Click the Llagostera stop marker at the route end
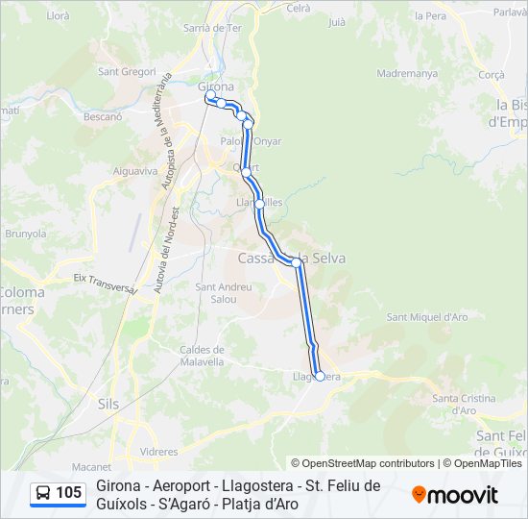[320, 376]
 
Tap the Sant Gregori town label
[127, 71]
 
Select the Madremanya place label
[407, 73]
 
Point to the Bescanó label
[103, 116]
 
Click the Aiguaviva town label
[134, 171]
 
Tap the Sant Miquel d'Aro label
[426, 317]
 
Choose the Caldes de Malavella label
[202, 356]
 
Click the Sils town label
[108, 405]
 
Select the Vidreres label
[158, 451]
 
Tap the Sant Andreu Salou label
[223, 292]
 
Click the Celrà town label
[299, 8]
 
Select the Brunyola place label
[26, 233]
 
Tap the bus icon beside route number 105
[43, 494]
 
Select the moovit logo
[455, 495]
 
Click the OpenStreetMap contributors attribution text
[362, 463]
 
